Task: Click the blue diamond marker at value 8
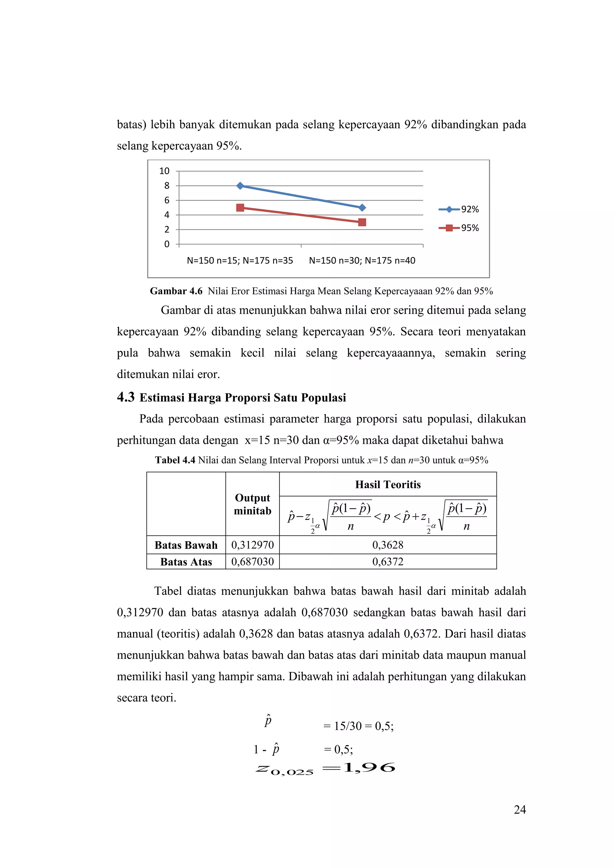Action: click(x=240, y=186)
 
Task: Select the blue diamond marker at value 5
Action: click(x=362, y=207)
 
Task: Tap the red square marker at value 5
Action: click(x=240, y=207)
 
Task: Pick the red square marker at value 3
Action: click(x=362, y=222)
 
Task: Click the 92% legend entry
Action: click(x=459, y=209)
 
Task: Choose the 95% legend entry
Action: click(x=459, y=228)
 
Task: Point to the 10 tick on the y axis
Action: click(x=164, y=171)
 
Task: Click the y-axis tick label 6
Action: click(x=167, y=200)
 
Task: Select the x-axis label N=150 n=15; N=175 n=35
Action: click(x=240, y=261)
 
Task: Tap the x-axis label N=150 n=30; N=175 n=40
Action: click(x=362, y=261)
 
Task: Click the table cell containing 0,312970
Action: click(x=252, y=545)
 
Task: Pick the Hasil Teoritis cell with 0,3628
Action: click(x=388, y=545)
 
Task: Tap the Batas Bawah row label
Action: click(x=186, y=545)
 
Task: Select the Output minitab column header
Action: click(x=252, y=504)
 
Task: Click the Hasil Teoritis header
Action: click(x=388, y=484)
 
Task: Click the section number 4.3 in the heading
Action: click(x=126, y=397)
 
